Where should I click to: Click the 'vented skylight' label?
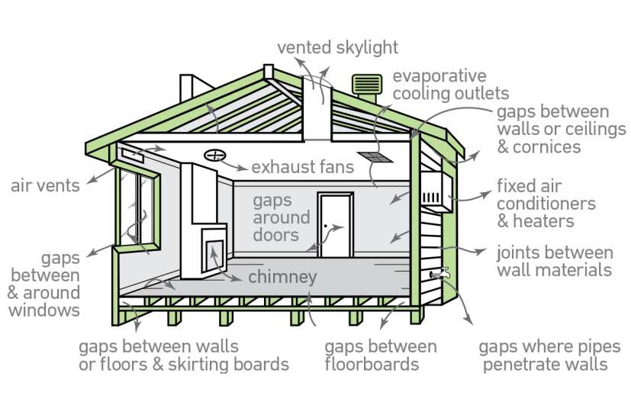point(337,48)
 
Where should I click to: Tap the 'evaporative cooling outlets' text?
point(450,85)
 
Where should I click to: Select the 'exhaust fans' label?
point(302,166)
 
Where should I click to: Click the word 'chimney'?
point(282,277)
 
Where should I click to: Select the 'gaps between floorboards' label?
point(381,355)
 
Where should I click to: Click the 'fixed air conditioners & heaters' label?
point(546,204)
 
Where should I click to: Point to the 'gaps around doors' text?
point(282,217)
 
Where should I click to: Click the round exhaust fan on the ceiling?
point(216,156)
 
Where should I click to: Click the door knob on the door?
point(326,227)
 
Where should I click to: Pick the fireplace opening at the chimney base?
point(214,252)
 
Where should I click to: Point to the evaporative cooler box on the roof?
point(363,85)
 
